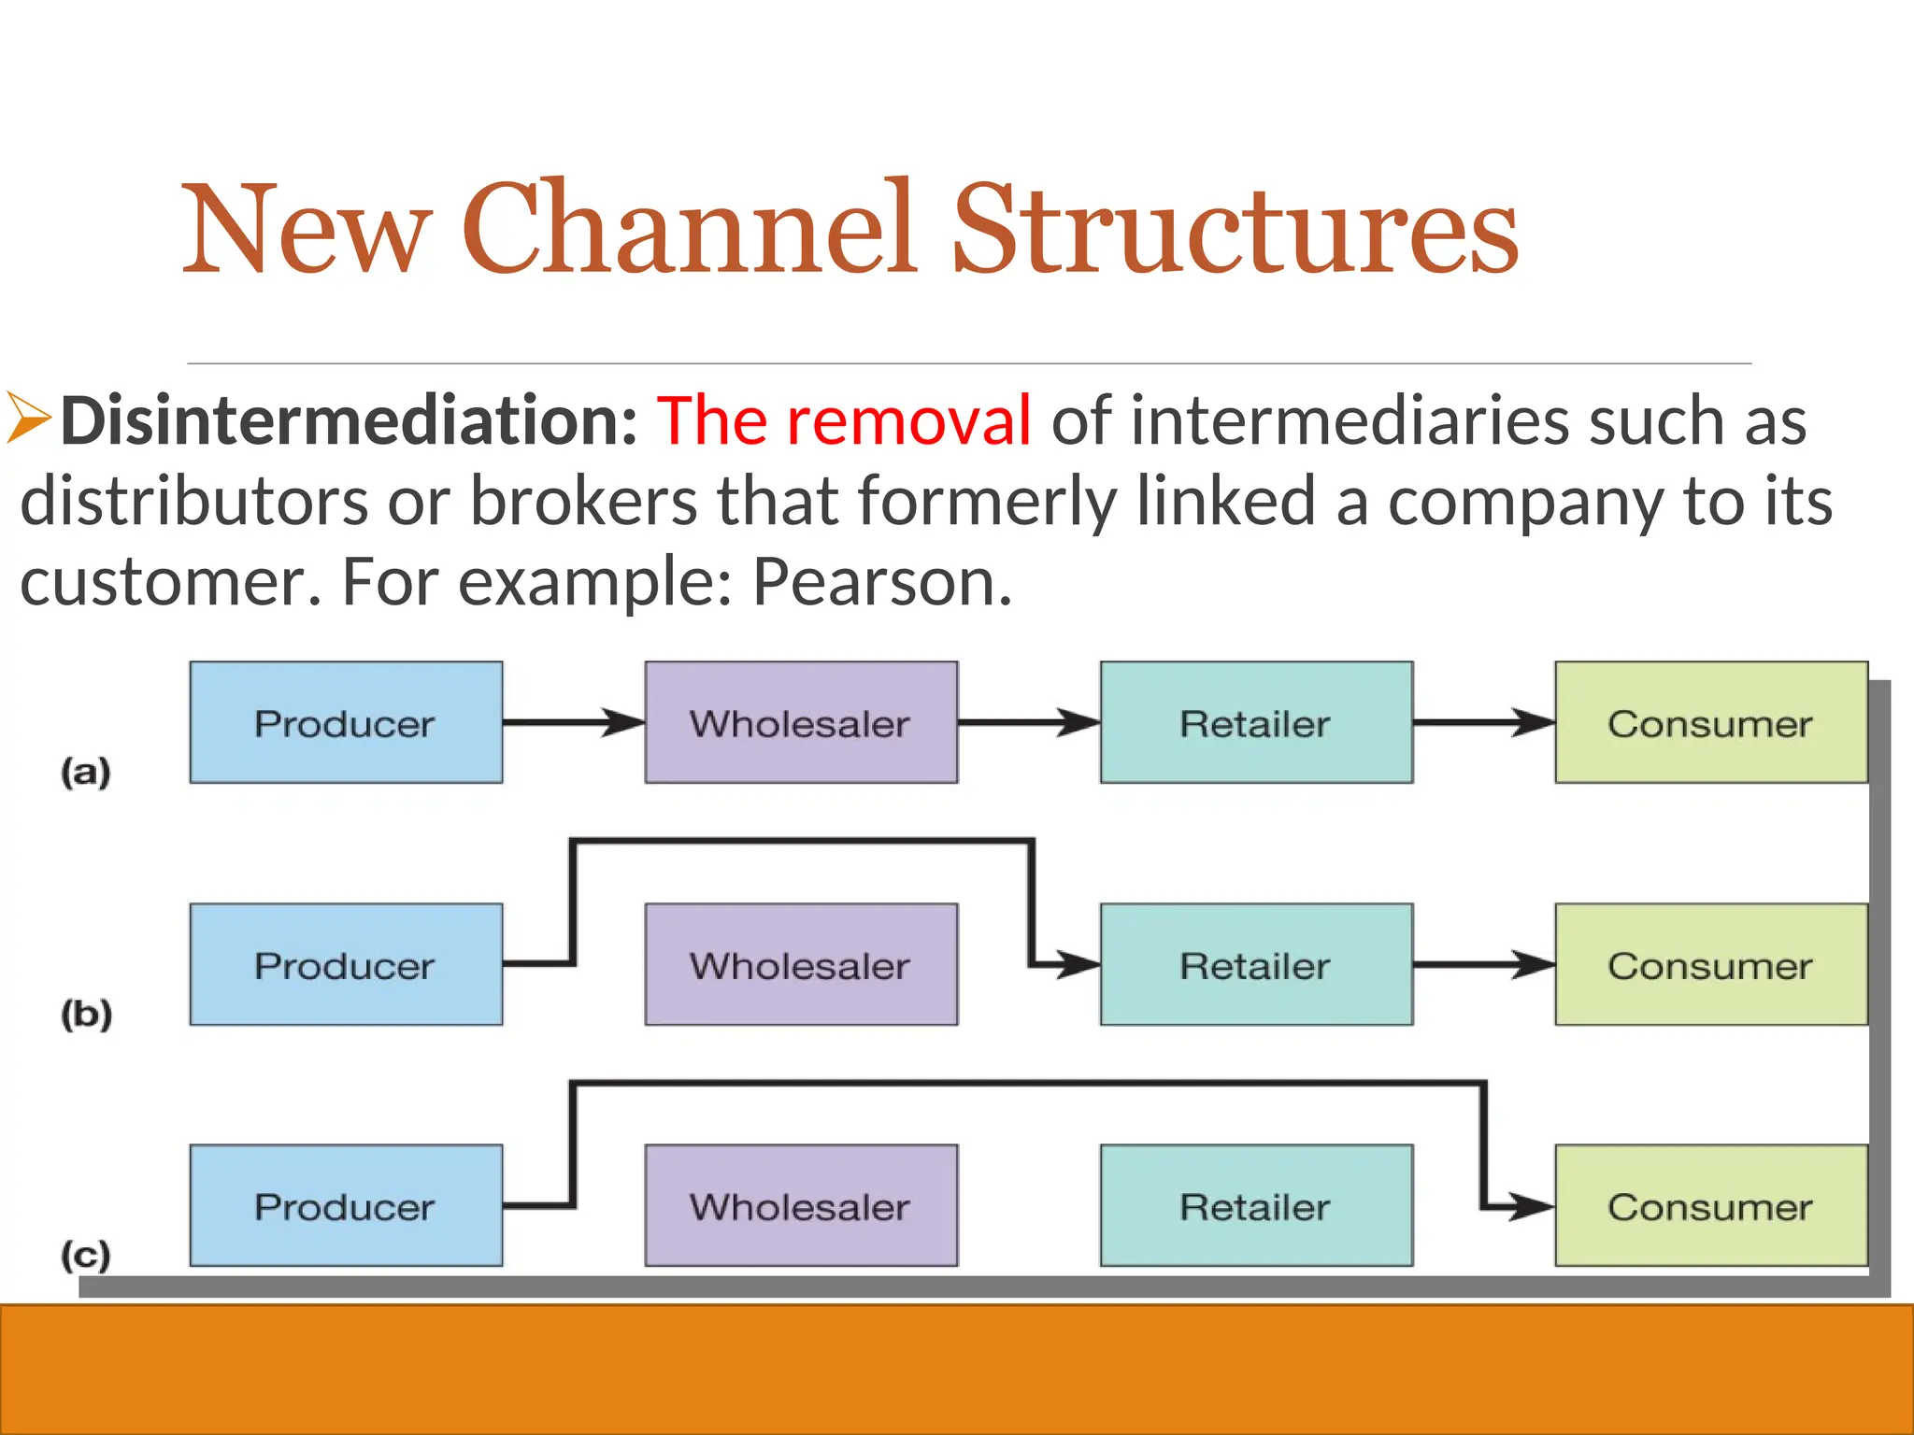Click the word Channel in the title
point(690,229)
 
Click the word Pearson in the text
point(881,582)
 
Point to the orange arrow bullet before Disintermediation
point(28,418)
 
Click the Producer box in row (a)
point(346,722)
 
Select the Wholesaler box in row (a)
point(801,722)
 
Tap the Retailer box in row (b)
point(1256,964)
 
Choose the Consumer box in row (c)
point(1710,1205)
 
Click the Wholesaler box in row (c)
point(801,1205)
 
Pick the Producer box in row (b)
point(346,964)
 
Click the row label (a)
point(86,773)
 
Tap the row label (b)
point(86,1014)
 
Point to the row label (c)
point(86,1255)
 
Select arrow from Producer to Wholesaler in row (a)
point(573,722)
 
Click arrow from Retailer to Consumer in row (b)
point(1483,964)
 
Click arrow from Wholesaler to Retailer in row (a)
point(1028,722)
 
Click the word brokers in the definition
point(582,502)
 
